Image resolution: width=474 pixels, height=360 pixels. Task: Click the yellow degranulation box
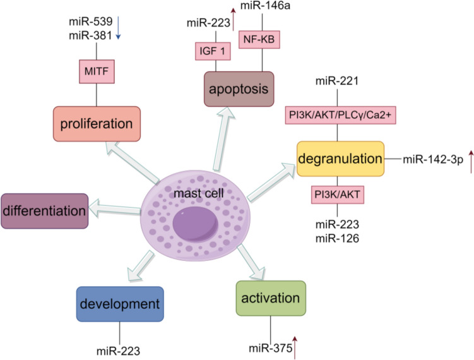click(x=340, y=159)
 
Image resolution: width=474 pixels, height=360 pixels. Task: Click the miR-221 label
click(x=340, y=81)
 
